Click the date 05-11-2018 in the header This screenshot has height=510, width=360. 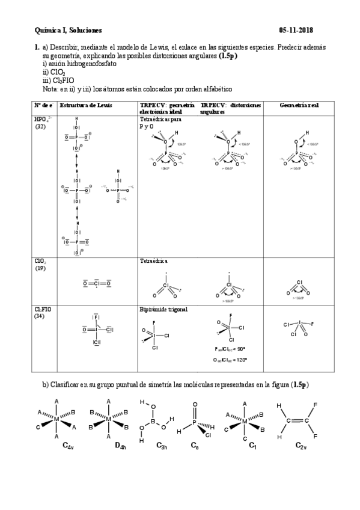tap(296, 29)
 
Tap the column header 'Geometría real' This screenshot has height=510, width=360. tap(299, 105)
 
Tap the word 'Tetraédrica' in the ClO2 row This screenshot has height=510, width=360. tap(154, 262)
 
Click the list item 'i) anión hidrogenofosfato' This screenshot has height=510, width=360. tap(75, 63)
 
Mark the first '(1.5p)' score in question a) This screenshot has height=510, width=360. tap(228, 55)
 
